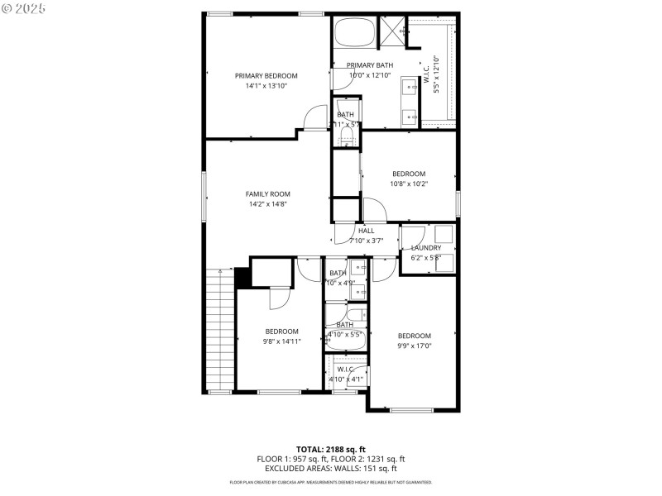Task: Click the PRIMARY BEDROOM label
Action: pyautogui.click(x=266, y=75)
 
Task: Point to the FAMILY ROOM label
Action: pyautogui.click(x=267, y=193)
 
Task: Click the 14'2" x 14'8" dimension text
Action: pyautogui.click(x=267, y=204)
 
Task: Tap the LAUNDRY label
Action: pyautogui.click(x=426, y=247)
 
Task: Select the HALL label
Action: pyautogui.click(x=366, y=231)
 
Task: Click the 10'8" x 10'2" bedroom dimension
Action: pyautogui.click(x=409, y=184)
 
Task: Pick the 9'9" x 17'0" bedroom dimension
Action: pyautogui.click(x=415, y=346)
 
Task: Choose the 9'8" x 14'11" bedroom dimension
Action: pyautogui.click(x=282, y=341)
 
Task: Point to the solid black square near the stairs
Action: pyautogui.click(x=242, y=278)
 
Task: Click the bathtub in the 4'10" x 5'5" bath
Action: pyautogui.click(x=346, y=314)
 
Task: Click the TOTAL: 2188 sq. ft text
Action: pyautogui.click(x=331, y=449)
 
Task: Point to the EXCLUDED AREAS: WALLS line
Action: pyautogui.click(x=331, y=469)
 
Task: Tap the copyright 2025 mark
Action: pyautogui.click(x=25, y=7)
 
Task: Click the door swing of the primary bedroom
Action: pyautogui.click(x=315, y=120)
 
